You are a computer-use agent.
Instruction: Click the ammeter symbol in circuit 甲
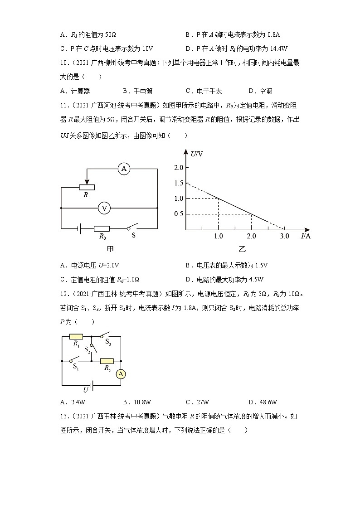[123, 169]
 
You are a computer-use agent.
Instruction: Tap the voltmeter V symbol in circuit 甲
[104, 208]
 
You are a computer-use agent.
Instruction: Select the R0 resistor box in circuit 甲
[102, 229]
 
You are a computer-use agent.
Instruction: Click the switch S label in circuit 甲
[133, 236]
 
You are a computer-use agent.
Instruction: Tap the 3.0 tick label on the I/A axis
[284, 236]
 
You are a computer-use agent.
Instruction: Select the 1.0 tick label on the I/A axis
[219, 236]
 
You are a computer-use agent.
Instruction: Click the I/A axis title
[306, 236]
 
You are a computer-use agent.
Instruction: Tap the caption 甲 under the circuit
[110, 249]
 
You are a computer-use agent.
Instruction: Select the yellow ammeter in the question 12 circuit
[121, 374]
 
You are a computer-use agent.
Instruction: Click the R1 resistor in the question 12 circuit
[76, 337]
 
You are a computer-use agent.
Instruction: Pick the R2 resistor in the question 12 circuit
[107, 361]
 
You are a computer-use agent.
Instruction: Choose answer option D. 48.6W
[263, 402]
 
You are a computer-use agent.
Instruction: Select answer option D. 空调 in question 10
[260, 91]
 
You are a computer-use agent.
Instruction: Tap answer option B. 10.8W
[137, 402]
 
